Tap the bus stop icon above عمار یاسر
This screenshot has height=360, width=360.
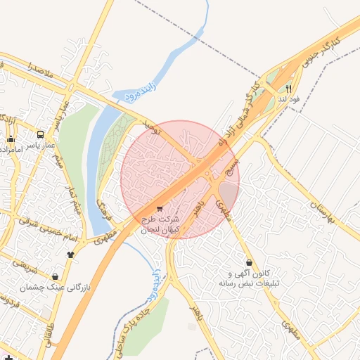40,134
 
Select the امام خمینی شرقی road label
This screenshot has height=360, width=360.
42,229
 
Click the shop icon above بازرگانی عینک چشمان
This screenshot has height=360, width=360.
55,277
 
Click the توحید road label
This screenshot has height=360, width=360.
152,127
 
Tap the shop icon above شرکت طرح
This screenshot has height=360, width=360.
160,209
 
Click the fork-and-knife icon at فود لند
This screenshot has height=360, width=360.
288,89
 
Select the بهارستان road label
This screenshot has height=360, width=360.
323,209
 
